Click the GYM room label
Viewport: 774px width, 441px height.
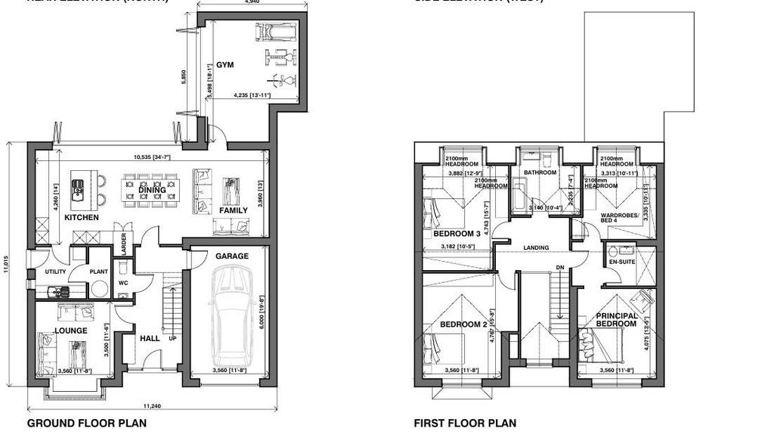pos(224,65)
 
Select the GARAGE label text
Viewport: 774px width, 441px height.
pos(231,256)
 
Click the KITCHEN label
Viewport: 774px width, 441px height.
pos(82,218)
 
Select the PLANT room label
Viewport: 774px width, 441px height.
pos(99,272)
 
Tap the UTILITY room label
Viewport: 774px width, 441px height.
pos(55,272)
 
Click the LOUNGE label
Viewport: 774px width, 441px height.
pos(71,331)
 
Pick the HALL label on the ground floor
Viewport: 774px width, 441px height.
pos(150,338)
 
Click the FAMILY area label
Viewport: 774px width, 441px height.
pos(234,210)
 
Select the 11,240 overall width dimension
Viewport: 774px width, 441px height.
pos(150,405)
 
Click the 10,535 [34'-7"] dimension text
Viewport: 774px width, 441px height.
pos(152,157)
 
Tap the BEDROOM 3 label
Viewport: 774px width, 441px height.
pos(457,234)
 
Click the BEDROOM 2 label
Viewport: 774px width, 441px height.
pos(463,325)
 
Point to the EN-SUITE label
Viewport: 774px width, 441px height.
pos(621,262)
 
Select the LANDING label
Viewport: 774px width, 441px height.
pos(536,248)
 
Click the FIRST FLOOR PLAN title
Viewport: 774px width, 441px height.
pos(465,424)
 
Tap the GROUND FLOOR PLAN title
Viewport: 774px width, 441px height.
pos(87,424)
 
